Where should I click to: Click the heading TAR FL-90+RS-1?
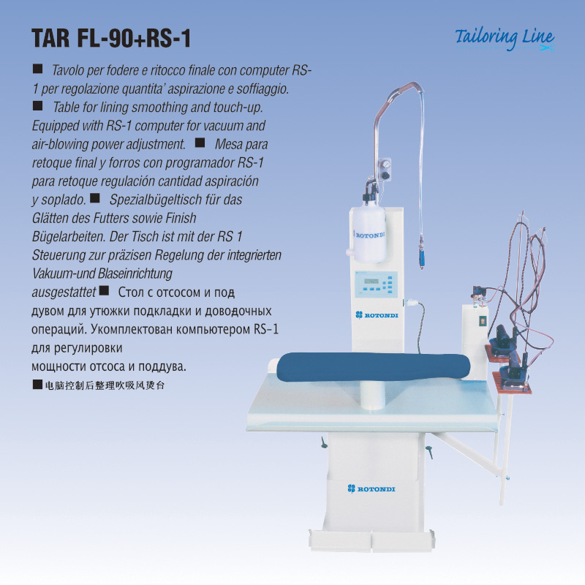pos(111,38)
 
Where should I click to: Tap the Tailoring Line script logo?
pos(505,39)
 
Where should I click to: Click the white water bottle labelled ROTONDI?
pos(369,234)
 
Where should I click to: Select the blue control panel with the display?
pos(376,284)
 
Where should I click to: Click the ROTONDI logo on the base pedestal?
pos(371,488)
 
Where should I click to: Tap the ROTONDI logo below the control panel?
pos(377,315)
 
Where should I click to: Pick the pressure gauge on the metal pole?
pos(386,164)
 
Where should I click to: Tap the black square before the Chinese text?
pos(37,385)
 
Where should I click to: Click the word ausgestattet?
pos(64,292)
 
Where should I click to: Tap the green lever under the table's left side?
pos(323,442)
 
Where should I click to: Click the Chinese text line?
pos(105,385)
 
